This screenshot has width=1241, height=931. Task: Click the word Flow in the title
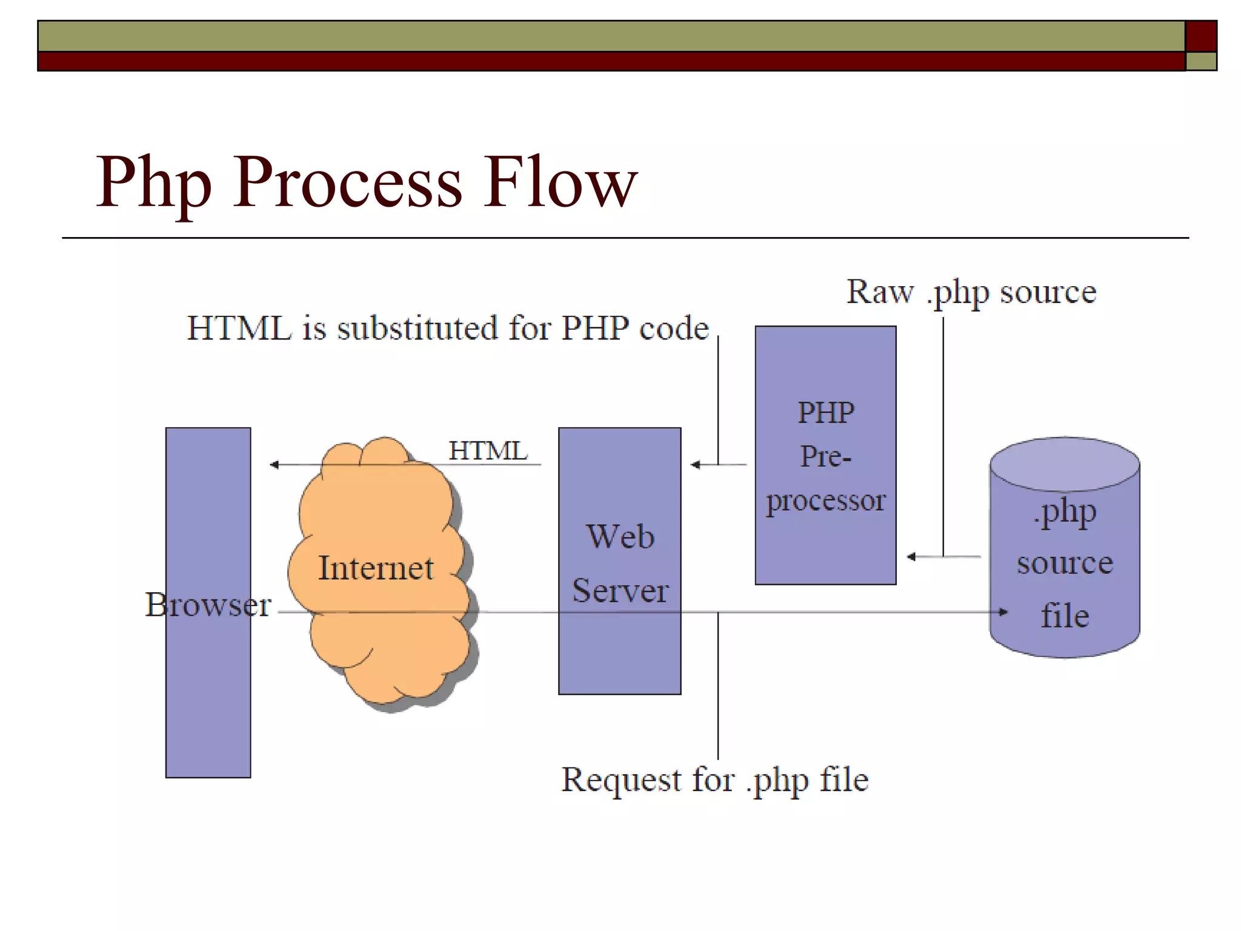[560, 182]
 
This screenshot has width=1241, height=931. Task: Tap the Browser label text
[208, 604]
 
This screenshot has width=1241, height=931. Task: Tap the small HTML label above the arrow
[488, 451]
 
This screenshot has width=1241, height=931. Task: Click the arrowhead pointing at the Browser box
[274, 465]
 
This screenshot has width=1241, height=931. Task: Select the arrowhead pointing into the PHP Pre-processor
[911, 556]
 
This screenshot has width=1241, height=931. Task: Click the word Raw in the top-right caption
[879, 292]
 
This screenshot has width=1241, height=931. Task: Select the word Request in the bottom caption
[621, 779]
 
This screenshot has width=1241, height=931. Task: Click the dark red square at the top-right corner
[1201, 36]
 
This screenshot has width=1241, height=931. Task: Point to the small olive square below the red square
[1201, 61]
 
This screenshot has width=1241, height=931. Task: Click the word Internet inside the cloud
[376, 568]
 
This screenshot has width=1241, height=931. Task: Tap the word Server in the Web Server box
[620, 590]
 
